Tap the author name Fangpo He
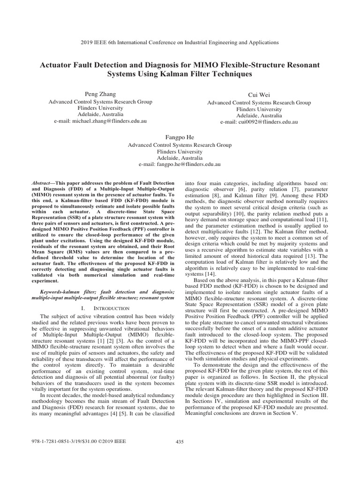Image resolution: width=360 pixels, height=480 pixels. click(180, 138)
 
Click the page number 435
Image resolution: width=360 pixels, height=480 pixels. click(180, 441)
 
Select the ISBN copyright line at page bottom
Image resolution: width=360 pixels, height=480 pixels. click(71, 441)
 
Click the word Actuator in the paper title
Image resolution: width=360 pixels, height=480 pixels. click(57, 64)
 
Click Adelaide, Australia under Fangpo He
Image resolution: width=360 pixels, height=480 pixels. click(180, 158)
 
